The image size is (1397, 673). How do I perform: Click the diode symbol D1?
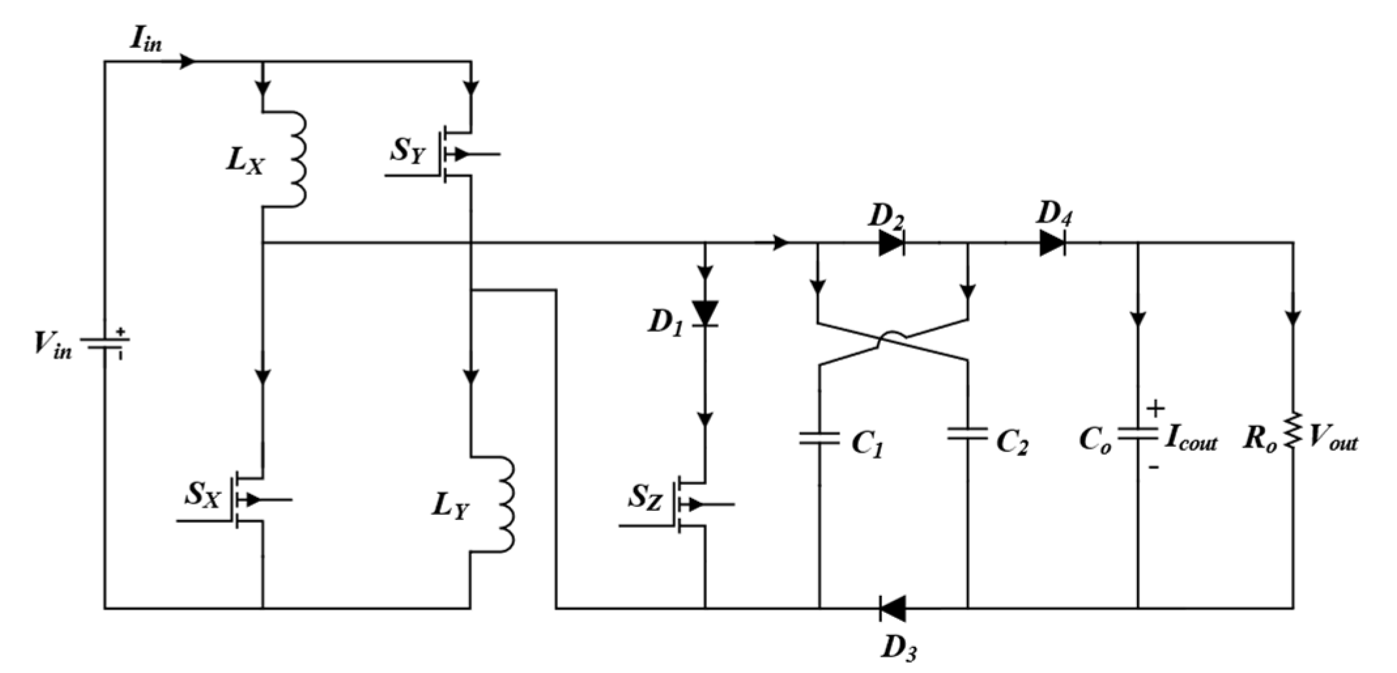[705, 313]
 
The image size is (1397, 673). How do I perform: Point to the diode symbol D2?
[891, 243]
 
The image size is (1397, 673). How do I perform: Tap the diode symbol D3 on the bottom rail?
[892, 608]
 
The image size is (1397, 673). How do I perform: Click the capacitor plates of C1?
[819, 438]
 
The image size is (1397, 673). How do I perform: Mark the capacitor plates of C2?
[968, 433]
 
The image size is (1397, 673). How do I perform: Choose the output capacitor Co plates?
[1138, 434]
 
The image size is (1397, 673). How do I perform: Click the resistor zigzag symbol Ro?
[1293, 431]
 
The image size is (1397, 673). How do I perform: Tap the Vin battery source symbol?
[105, 343]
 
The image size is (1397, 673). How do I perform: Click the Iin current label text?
[145, 41]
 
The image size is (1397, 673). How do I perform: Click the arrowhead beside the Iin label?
[188, 61]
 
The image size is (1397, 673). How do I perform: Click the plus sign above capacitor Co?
[1155, 408]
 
